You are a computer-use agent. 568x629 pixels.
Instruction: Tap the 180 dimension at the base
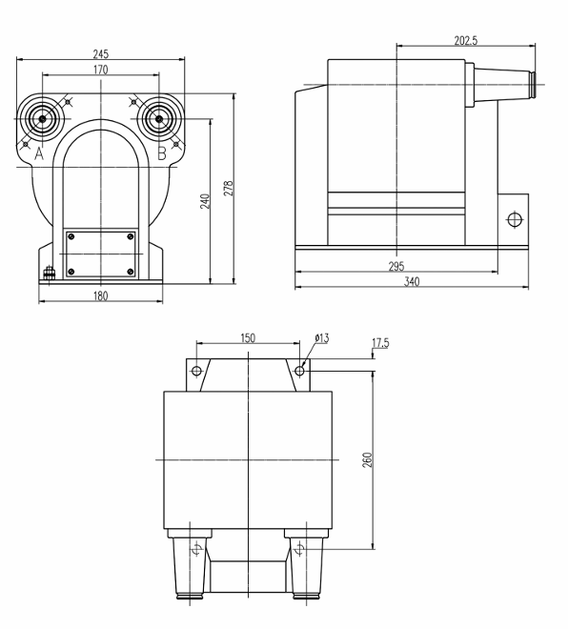(x=100, y=296)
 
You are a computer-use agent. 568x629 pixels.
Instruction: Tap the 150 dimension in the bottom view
(x=248, y=339)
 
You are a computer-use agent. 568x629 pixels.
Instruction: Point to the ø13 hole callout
(x=323, y=339)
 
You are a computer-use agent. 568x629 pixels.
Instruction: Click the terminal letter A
(x=39, y=153)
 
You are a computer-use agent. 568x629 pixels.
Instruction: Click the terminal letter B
(x=161, y=153)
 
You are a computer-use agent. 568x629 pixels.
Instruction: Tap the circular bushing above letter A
(x=43, y=120)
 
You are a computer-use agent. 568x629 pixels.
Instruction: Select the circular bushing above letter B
(x=156, y=120)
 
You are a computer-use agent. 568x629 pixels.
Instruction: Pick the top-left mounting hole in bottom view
(x=196, y=371)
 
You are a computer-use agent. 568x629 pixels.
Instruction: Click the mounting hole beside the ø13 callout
(x=300, y=371)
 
